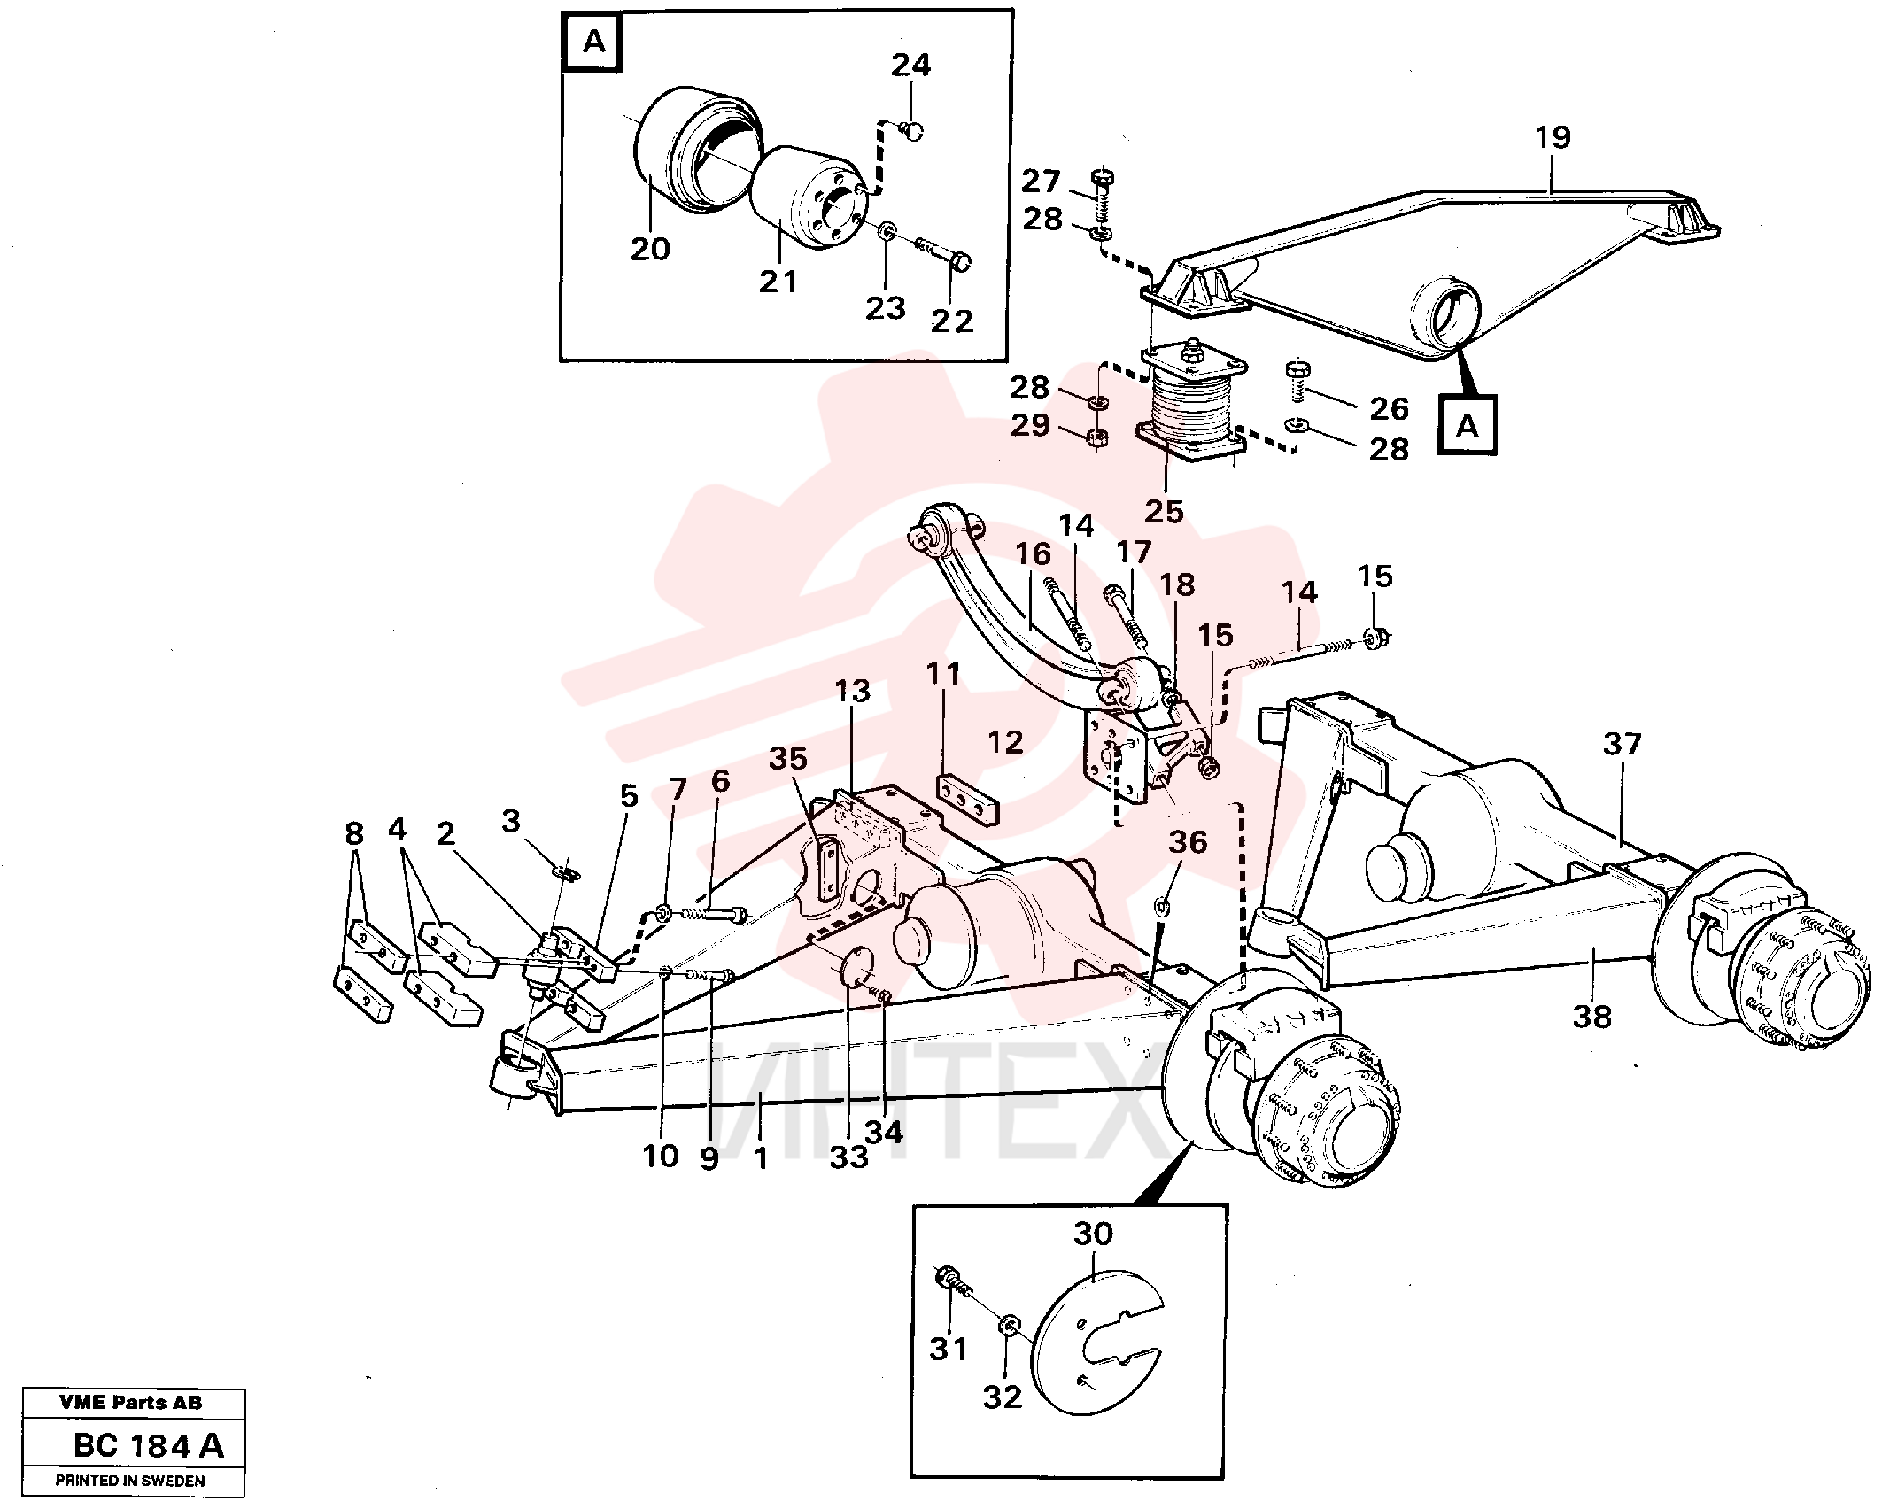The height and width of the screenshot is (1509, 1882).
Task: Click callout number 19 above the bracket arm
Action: tap(1552, 137)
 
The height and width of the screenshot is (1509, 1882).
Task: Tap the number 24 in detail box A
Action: tap(910, 66)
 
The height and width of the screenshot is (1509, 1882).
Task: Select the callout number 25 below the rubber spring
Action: tap(1164, 511)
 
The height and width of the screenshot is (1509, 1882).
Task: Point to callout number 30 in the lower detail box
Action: tap(1093, 1234)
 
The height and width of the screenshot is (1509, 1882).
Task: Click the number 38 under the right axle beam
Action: tap(1592, 1017)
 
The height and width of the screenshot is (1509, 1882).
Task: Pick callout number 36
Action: tap(1187, 842)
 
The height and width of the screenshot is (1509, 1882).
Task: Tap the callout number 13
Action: tap(853, 691)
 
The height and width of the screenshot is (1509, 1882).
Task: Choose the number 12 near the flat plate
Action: tap(1005, 742)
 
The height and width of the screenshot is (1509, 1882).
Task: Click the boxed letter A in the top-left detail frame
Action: tap(594, 42)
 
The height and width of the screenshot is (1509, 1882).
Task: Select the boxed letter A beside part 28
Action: tap(1468, 426)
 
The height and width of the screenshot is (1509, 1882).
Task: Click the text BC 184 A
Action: tap(148, 1446)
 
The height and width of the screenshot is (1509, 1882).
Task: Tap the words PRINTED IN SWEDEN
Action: tap(130, 1481)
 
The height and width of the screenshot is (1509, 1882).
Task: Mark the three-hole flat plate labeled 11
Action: tap(968, 799)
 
